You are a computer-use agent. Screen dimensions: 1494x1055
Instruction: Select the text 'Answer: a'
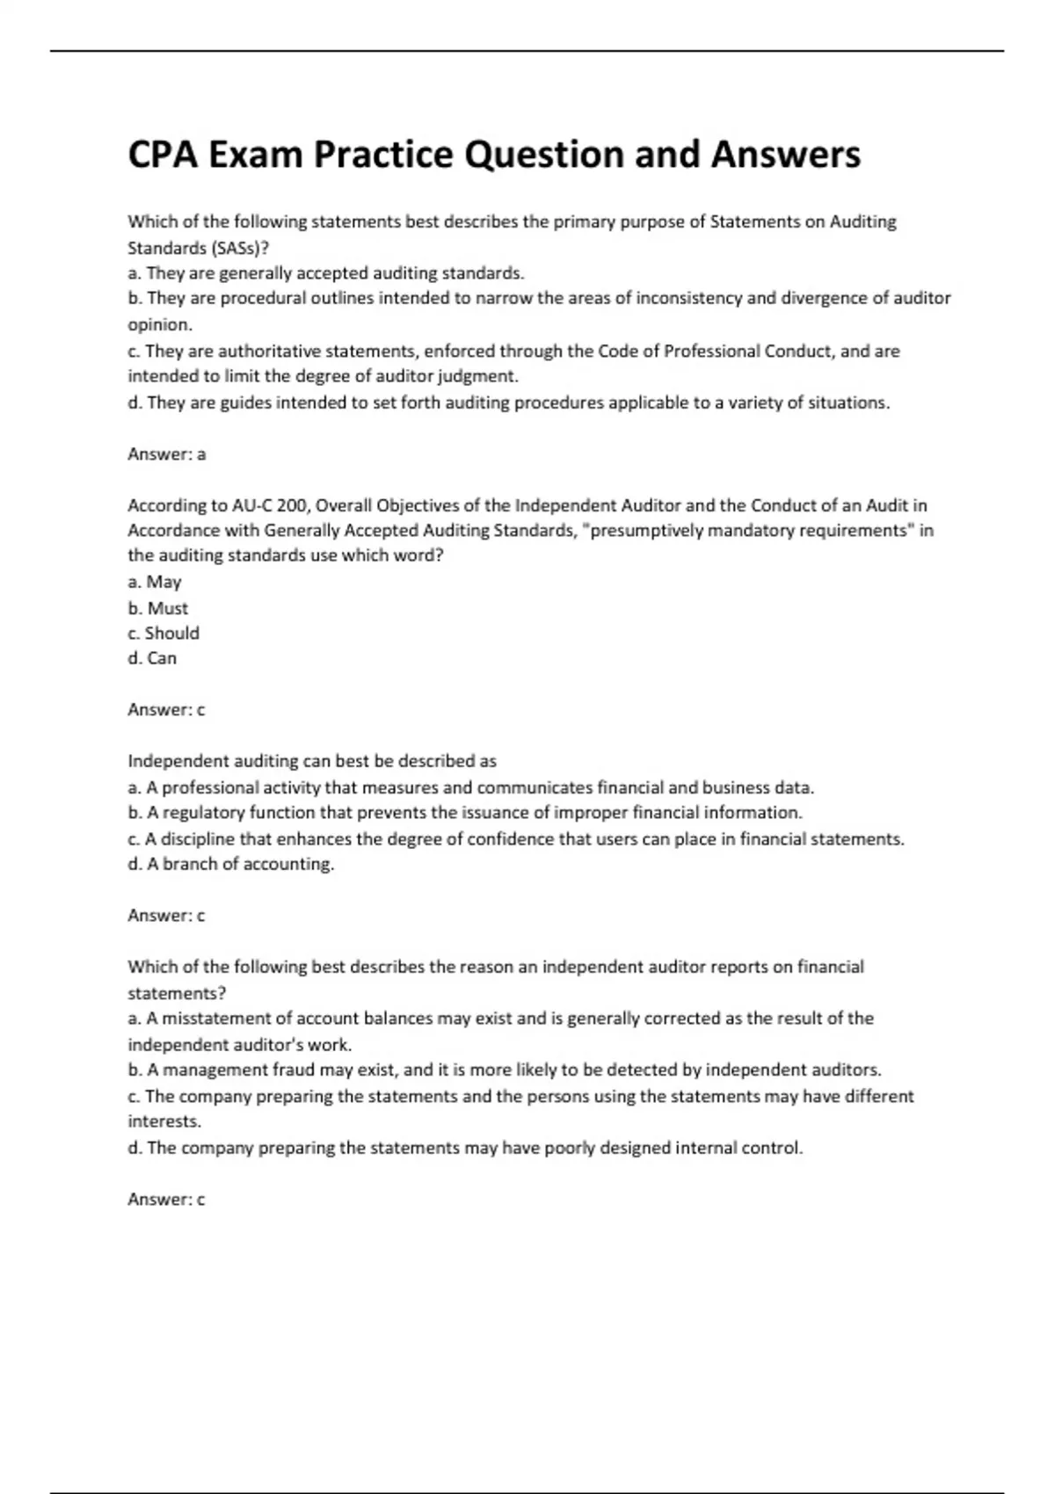(x=167, y=454)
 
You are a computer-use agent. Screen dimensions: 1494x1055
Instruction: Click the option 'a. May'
(x=155, y=582)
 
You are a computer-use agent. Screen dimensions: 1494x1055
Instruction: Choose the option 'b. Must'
(x=158, y=608)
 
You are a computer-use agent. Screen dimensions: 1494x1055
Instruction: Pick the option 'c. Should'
(x=164, y=633)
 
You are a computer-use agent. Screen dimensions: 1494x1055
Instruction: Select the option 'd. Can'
(x=152, y=658)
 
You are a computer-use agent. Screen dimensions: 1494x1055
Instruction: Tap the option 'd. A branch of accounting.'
(x=231, y=864)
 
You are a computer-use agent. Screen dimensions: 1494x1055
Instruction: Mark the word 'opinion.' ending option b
(x=160, y=325)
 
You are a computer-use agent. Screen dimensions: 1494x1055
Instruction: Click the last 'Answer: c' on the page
(x=166, y=1200)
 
